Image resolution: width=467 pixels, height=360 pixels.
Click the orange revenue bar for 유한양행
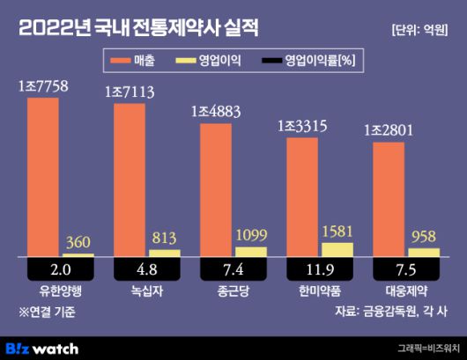[x=44, y=176]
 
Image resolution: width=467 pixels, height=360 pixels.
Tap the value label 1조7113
[x=131, y=92]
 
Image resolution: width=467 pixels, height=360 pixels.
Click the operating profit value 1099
[x=249, y=236]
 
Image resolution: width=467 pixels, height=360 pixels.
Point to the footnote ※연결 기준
[x=48, y=311]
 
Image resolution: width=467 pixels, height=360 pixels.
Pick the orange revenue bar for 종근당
[x=217, y=190]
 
